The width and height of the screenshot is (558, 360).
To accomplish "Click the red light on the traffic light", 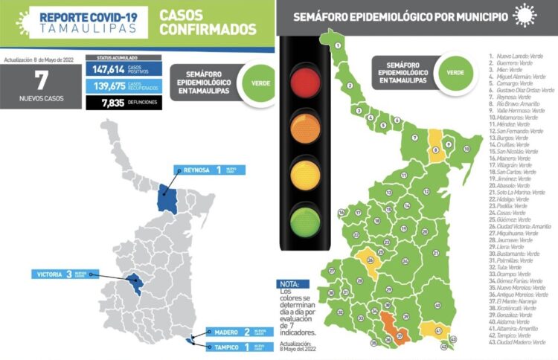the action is tap(302, 80).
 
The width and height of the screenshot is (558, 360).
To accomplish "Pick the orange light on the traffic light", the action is tap(302, 126).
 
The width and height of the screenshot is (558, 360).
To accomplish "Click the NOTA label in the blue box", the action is tap(289, 284).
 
